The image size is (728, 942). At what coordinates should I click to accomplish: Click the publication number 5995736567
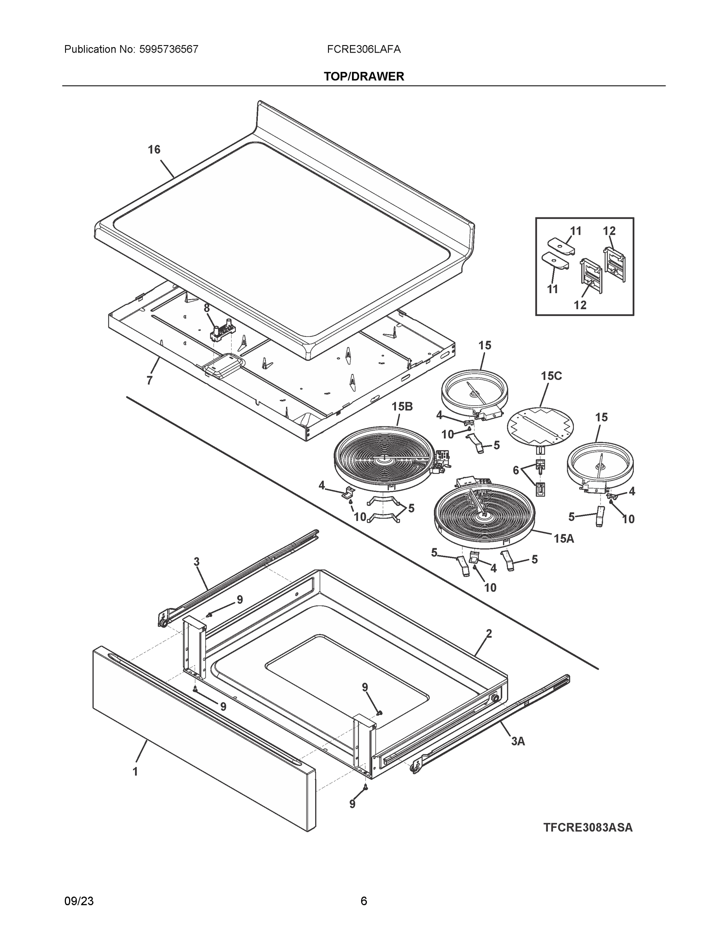(169, 49)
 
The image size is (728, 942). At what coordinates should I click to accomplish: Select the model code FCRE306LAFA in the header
(363, 49)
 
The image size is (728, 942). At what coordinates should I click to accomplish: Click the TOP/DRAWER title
(363, 77)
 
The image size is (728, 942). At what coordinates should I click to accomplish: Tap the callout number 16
(154, 150)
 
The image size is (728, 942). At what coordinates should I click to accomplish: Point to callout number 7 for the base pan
(149, 380)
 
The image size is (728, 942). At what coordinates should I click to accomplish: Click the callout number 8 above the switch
(206, 308)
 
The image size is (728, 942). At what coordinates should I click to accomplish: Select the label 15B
(402, 406)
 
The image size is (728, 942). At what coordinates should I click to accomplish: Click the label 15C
(551, 376)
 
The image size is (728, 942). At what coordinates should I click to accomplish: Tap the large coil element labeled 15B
(383, 458)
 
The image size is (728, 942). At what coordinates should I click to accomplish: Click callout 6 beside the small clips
(516, 470)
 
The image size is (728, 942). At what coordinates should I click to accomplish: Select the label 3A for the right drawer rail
(518, 741)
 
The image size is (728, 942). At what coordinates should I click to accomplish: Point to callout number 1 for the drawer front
(135, 772)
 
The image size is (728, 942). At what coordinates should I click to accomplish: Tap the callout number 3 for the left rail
(196, 562)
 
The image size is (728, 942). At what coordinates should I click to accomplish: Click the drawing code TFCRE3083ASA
(588, 828)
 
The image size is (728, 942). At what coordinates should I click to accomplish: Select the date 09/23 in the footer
(79, 901)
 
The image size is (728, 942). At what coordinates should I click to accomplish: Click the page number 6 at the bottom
(363, 901)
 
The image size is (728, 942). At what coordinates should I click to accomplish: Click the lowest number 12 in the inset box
(580, 305)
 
